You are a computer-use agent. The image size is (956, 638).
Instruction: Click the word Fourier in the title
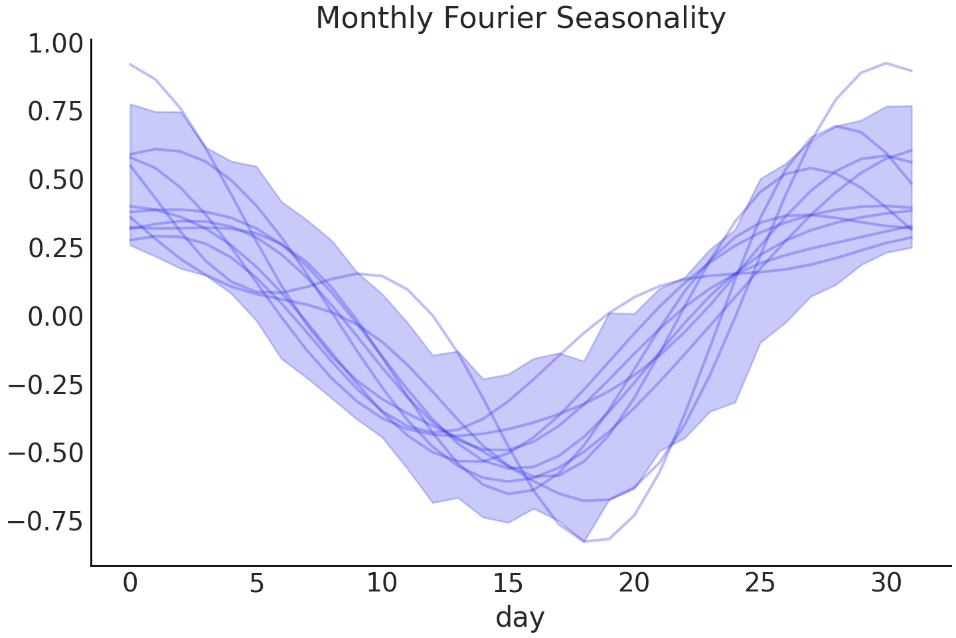coord(493,18)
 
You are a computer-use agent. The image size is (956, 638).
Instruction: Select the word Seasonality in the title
coord(641,18)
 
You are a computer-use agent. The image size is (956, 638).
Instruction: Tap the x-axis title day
coord(520,617)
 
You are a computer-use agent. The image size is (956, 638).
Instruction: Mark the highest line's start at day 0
coord(130,64)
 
